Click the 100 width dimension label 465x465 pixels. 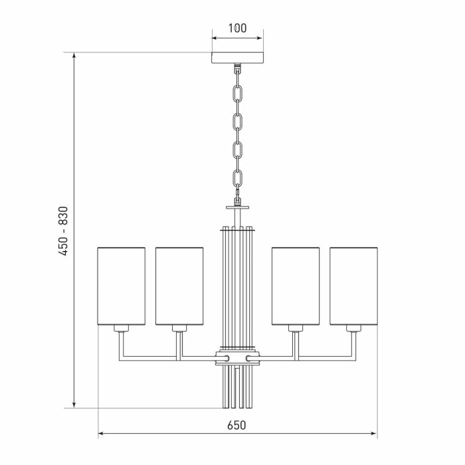coord(237,28)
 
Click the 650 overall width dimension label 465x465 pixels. coord(237,425)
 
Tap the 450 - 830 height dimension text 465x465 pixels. coord(62,230)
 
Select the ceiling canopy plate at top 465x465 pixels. coord(237,58)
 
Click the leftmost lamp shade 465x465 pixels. coord(121,286)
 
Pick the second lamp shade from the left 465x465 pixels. coord(179,286)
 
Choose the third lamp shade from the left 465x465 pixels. coord(296,286)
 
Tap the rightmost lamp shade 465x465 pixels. coord(353,286)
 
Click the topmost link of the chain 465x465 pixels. coord(237,90)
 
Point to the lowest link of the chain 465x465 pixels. coord(237,177)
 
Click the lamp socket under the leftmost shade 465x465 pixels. coord(121,329)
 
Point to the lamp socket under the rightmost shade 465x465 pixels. coord(353,329)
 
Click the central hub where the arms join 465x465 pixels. coord(237,359)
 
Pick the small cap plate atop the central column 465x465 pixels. coord(237,207)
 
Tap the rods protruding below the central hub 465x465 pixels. coord(237,389)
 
